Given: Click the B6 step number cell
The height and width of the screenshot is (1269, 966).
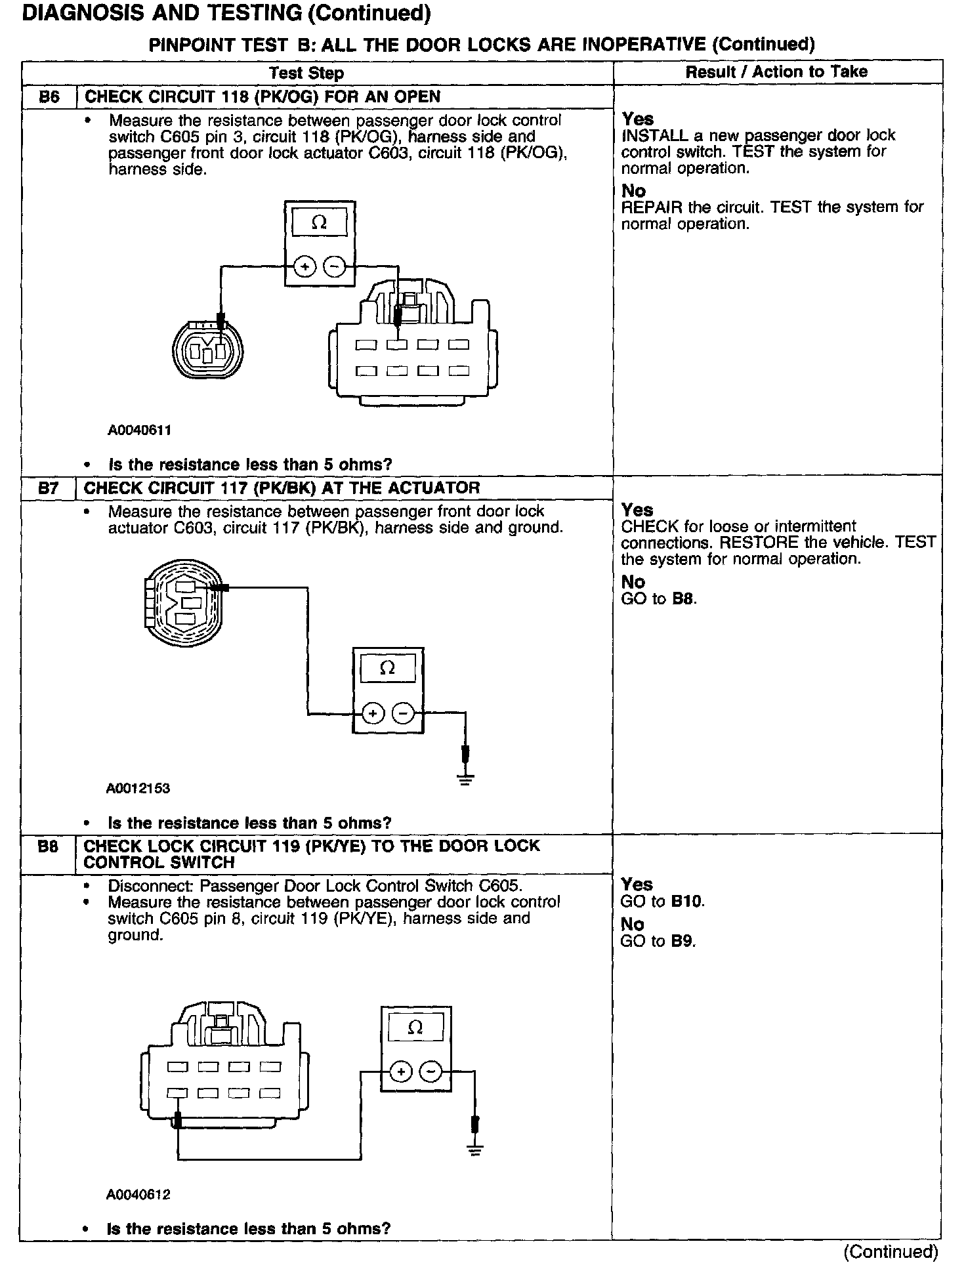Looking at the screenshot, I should (49, 97).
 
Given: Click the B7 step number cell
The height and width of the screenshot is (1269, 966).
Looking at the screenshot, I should (49, 488).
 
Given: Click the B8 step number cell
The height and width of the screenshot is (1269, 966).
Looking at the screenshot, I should (48, 847).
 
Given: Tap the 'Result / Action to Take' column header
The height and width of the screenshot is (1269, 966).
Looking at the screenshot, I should (776, 72).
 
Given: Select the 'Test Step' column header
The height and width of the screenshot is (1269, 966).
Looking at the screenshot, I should (306, 73).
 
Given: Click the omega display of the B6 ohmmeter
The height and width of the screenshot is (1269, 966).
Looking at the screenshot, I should (319, 222).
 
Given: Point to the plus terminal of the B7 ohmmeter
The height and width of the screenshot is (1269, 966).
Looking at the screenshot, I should (373, 713).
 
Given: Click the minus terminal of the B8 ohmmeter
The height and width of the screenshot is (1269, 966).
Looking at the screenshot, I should (430, 1071).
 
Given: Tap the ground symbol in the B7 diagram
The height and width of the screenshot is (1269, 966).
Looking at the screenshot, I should (465, 780).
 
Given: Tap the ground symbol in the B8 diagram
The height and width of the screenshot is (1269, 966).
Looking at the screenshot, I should (476, 1150).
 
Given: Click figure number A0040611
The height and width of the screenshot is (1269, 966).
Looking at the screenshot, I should (140, 431).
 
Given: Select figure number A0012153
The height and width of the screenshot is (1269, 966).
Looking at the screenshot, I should (138, 789).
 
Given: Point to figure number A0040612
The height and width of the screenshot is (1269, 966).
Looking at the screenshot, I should (138, 1194).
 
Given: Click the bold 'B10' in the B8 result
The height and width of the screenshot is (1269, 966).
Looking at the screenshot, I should (686, 902).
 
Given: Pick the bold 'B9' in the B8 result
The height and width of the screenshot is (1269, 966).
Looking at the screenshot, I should (682, 941).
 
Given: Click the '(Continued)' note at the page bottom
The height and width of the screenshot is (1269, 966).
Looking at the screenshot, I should (891, 1252).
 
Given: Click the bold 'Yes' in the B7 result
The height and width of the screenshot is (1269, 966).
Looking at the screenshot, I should (637, 510).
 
